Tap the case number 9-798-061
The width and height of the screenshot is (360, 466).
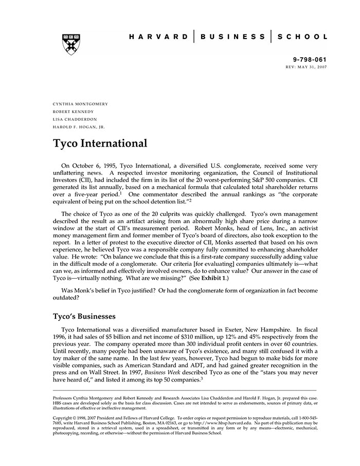coord(309,60)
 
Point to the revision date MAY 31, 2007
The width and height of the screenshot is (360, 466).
coord(312,67)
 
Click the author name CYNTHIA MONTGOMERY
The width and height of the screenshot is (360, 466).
coord(80,104)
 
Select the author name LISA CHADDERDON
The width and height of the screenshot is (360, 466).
coord(75,119)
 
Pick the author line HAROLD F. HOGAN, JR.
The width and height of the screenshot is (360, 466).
coord(79,127)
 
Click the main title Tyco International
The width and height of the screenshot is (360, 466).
coord(100,144)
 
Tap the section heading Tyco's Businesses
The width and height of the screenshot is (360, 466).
coord(84,316)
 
